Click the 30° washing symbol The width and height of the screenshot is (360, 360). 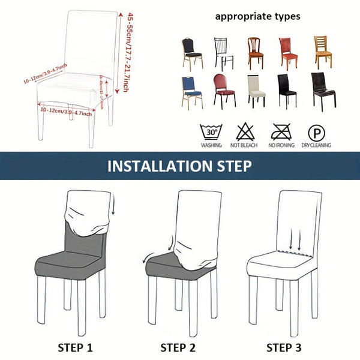point(211,131)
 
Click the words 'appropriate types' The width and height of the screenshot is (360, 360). point(258,16)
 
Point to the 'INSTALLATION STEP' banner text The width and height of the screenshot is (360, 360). point(179,166)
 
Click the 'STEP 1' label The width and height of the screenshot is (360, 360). point(75,346)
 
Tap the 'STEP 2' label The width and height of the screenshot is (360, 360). point(179,346)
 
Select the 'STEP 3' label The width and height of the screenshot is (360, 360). point(284,346)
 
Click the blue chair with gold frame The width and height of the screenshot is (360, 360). point(191,91)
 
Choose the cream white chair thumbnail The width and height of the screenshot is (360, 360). point(256,91)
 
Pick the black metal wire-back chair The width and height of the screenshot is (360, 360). point(224,53)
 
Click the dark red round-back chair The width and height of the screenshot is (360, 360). point(223,91)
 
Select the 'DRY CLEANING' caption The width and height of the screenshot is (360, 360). point(316,146)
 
